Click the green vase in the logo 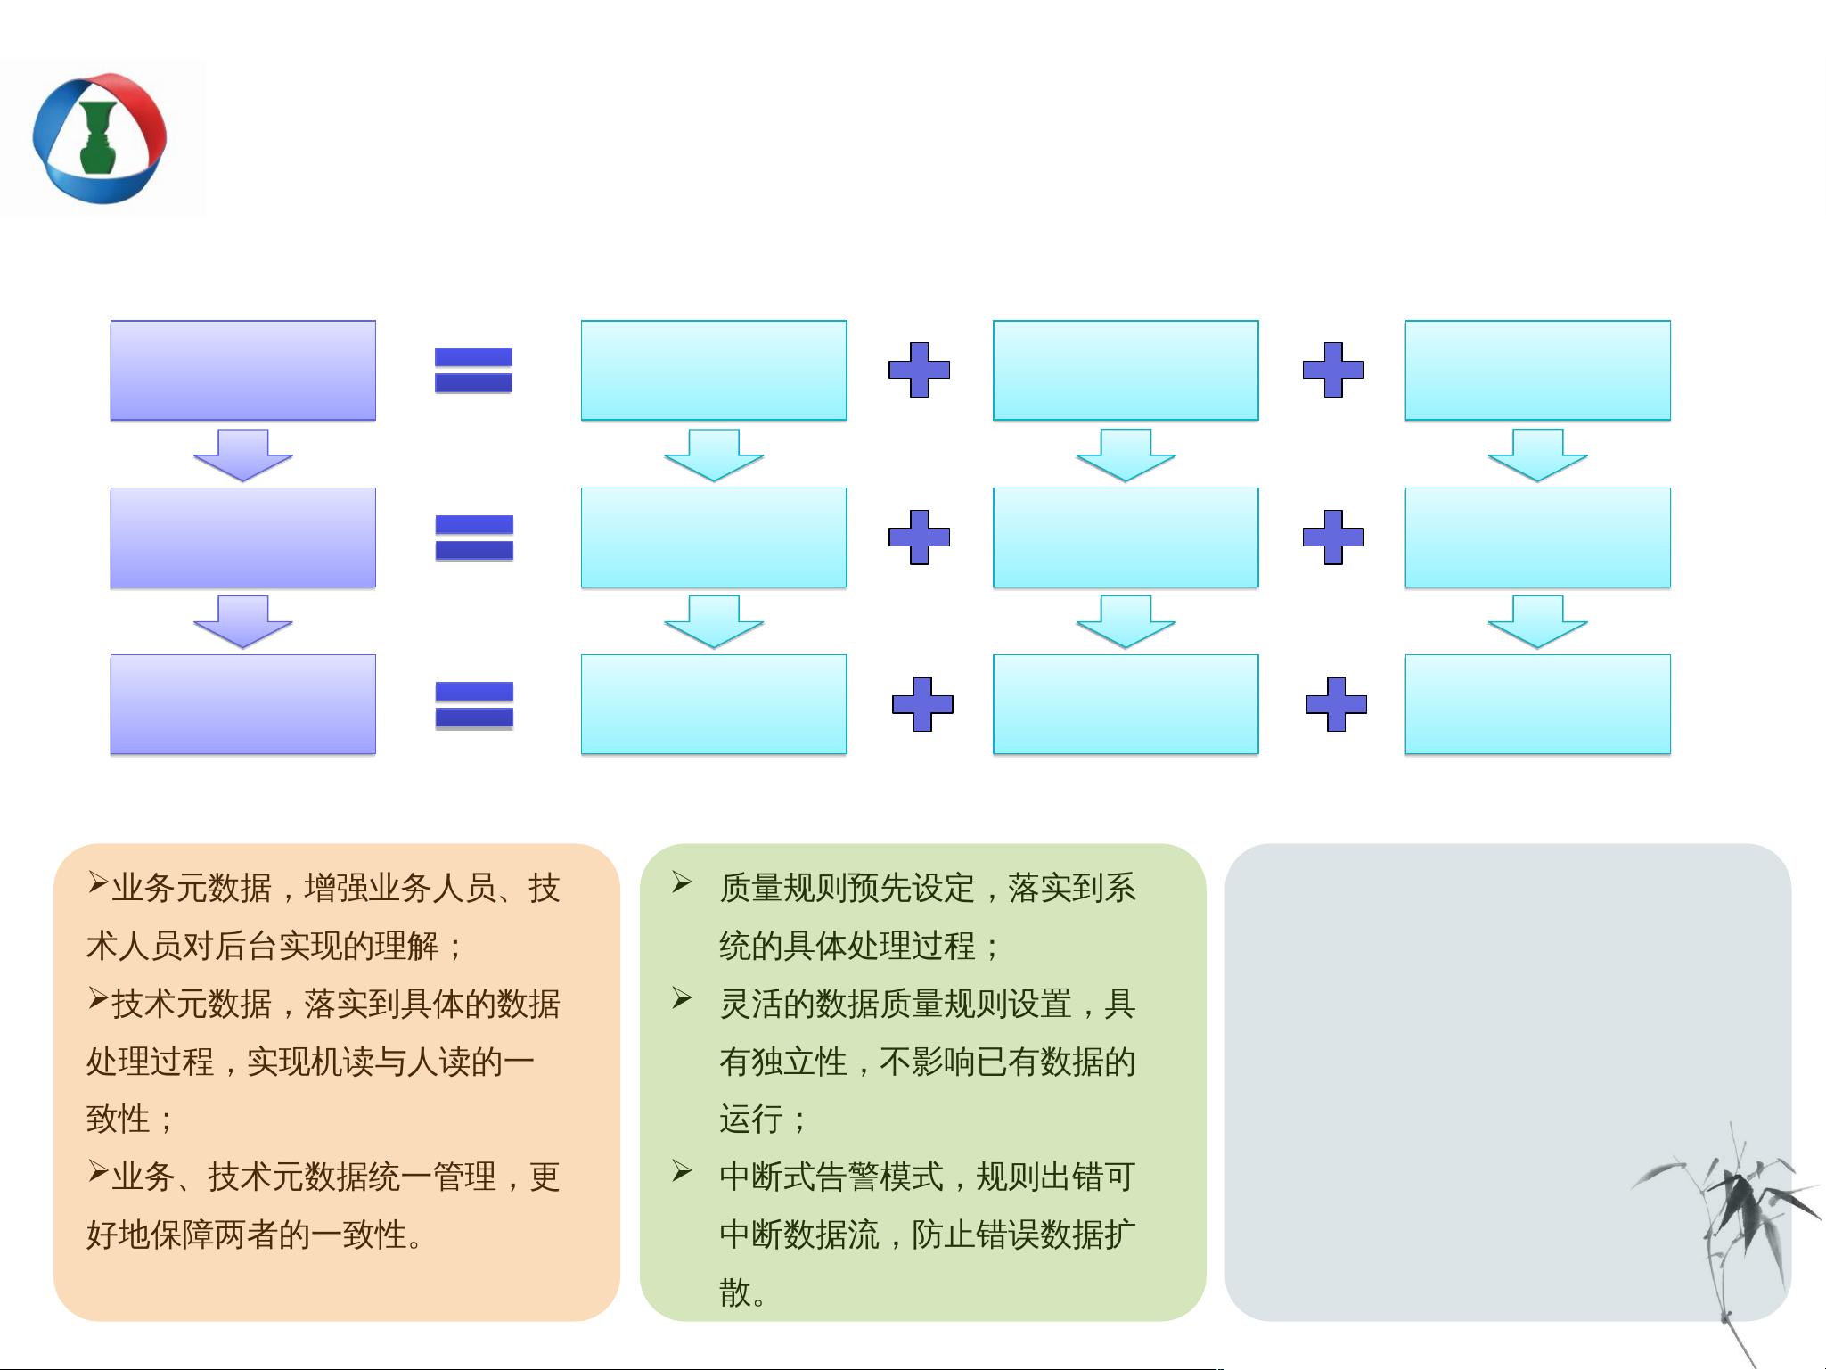point(97,137)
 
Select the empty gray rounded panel point(1508,1081)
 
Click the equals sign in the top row point(473,370)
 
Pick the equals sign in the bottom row point(474,705)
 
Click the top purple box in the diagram point(243,370)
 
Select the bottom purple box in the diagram point(243,704)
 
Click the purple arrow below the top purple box point(243,455)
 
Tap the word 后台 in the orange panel point(247,946)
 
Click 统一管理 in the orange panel point(432,1177)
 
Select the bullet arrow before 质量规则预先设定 point(683,883)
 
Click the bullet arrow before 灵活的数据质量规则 point(683,998)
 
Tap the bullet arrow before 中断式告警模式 point(683,1171)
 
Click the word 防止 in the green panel point(944,1235)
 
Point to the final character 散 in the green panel point(735,1292)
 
